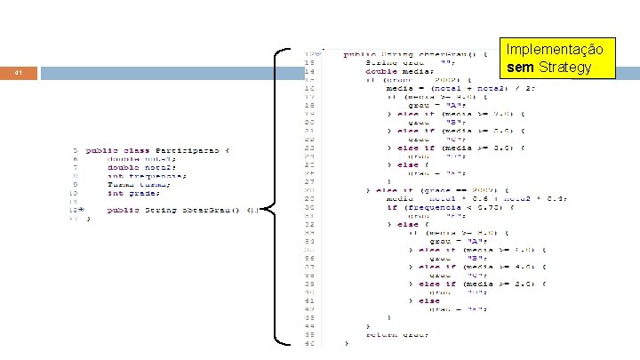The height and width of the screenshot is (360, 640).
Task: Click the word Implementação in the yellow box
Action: [x=556, y=49]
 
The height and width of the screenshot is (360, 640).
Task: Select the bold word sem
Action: [x=520, y=67]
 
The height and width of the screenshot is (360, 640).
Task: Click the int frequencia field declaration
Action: [x=147, y=176]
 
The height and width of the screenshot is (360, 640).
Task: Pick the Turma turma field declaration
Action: [x=134, y=184]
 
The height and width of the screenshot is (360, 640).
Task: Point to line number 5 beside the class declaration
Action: [x=76, y=150]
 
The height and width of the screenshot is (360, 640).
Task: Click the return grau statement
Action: [x=397, y=334]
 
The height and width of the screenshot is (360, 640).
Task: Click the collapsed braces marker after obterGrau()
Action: [x=252, y=210]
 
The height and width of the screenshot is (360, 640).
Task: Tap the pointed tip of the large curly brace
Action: [x=267, y=210]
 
